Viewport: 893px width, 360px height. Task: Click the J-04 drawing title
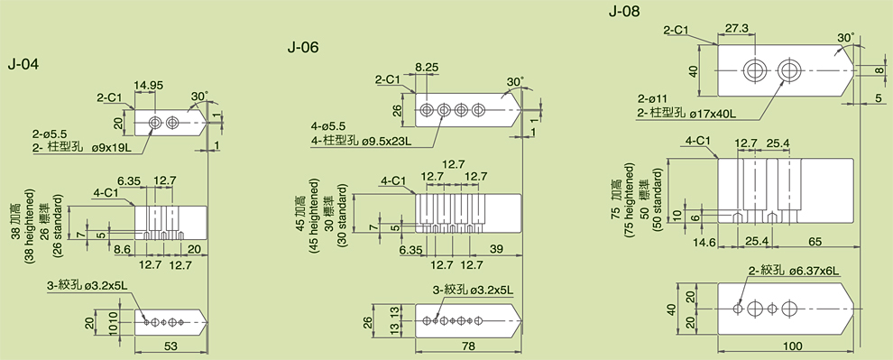point(23,64)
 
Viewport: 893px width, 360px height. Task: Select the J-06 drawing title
point(303,47)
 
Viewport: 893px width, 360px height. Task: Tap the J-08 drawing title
point(624,11)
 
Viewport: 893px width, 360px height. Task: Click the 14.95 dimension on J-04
point(149,86)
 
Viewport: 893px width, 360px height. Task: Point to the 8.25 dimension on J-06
point(427,67)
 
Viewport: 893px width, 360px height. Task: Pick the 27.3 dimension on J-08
point(737,28)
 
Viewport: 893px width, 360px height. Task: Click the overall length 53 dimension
point(171,346)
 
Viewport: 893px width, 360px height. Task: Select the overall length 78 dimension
point(468,346)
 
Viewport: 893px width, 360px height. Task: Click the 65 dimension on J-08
point(815,242)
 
